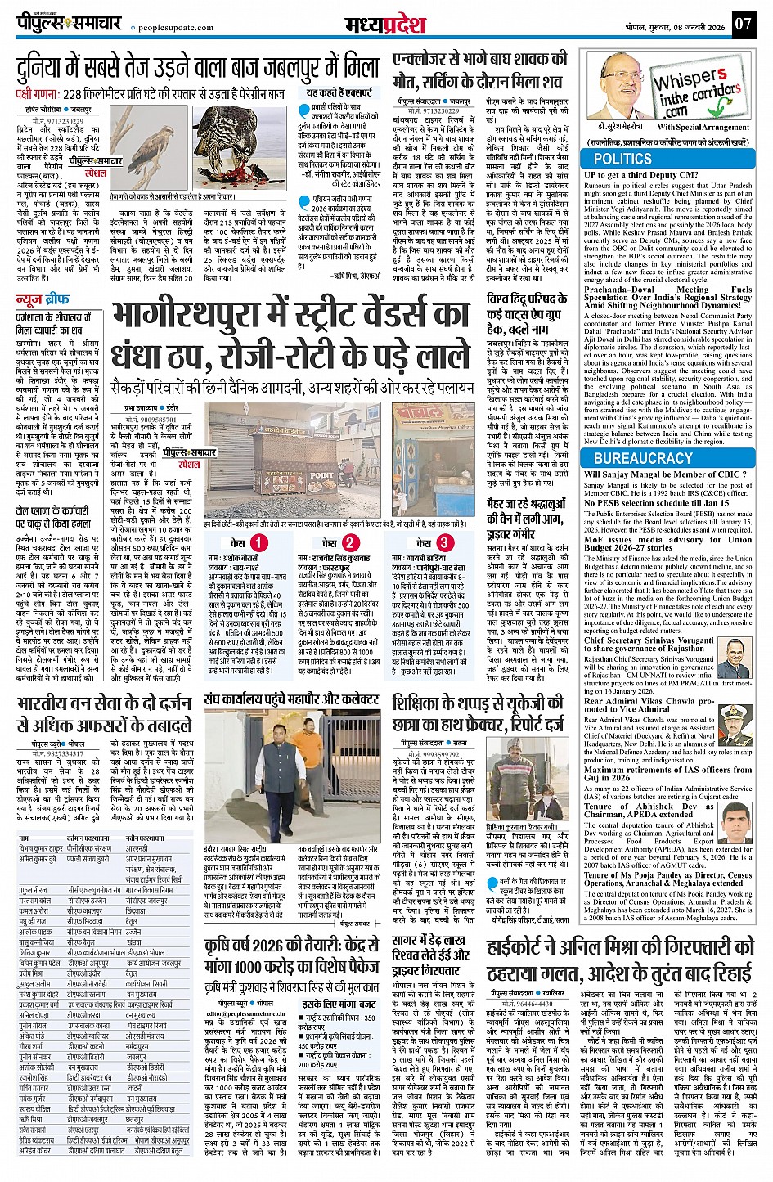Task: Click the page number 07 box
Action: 742,23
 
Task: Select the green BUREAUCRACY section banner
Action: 642,458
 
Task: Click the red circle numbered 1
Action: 258,542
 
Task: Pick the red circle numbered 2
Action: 349,542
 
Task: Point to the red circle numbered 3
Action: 444,542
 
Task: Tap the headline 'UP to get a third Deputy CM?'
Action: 641,174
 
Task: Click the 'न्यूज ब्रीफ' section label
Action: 42,300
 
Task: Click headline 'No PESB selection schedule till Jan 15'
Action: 649,503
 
